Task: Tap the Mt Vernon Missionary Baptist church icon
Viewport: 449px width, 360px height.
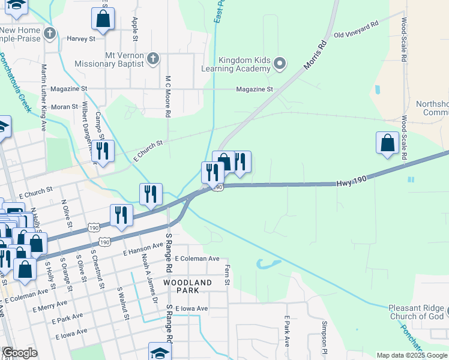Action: [153, 59]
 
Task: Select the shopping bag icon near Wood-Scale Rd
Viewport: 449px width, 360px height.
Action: [388, 143]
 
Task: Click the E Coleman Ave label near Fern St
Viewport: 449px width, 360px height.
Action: [197, 259]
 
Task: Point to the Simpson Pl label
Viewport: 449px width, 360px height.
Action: [324, 335]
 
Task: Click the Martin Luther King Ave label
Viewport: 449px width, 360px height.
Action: [44, 98]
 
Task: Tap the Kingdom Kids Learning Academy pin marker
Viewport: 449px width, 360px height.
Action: [279, 62]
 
